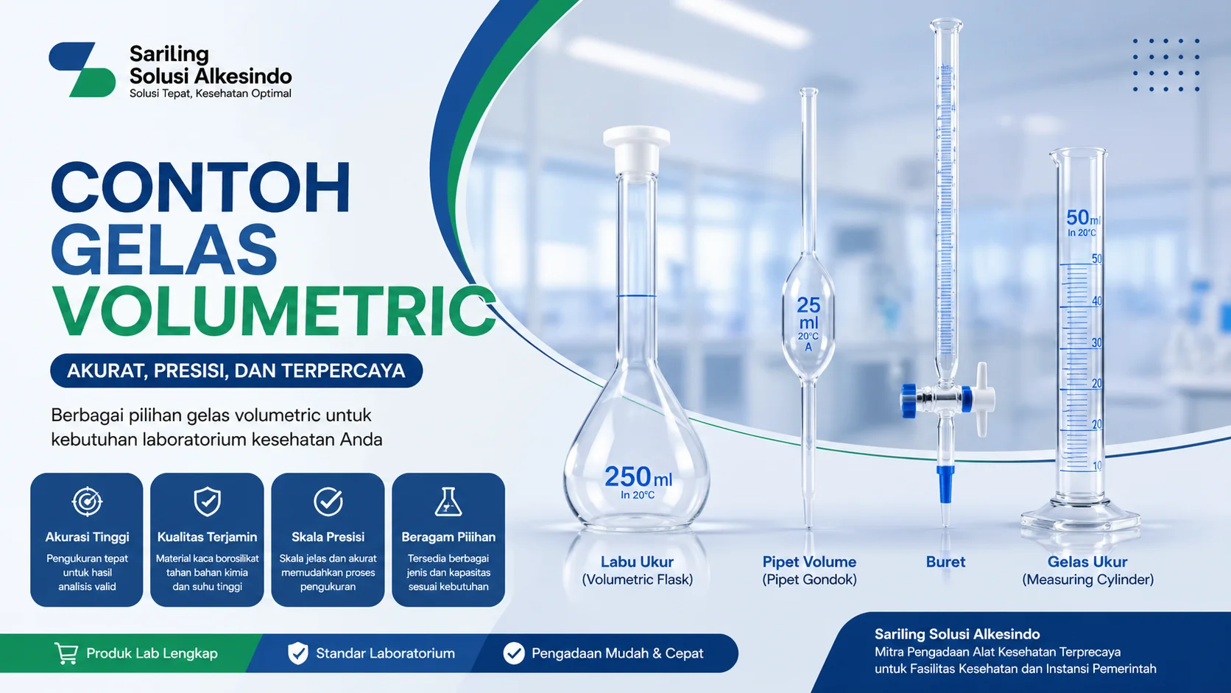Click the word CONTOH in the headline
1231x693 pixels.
pos(200,189)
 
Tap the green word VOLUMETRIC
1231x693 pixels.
pos(273,311)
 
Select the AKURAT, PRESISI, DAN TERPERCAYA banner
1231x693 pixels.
pos(236,370)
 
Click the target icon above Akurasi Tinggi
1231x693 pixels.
pos(87,502)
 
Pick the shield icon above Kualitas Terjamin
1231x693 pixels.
pos(207,502)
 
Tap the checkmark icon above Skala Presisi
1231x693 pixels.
pos(328,502)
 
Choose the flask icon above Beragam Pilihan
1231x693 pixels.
pos(448,502)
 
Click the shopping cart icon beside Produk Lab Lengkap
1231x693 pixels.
pos(66,653)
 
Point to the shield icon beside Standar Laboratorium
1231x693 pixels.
pos(297,653)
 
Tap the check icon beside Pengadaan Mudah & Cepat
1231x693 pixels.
pos(514,653)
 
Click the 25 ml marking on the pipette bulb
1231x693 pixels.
pos(808,314)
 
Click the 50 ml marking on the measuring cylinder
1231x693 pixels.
pos(1083,218)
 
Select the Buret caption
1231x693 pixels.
pos(945,562)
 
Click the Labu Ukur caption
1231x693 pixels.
pos(637,562)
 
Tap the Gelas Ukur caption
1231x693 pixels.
pos(1087,562)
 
